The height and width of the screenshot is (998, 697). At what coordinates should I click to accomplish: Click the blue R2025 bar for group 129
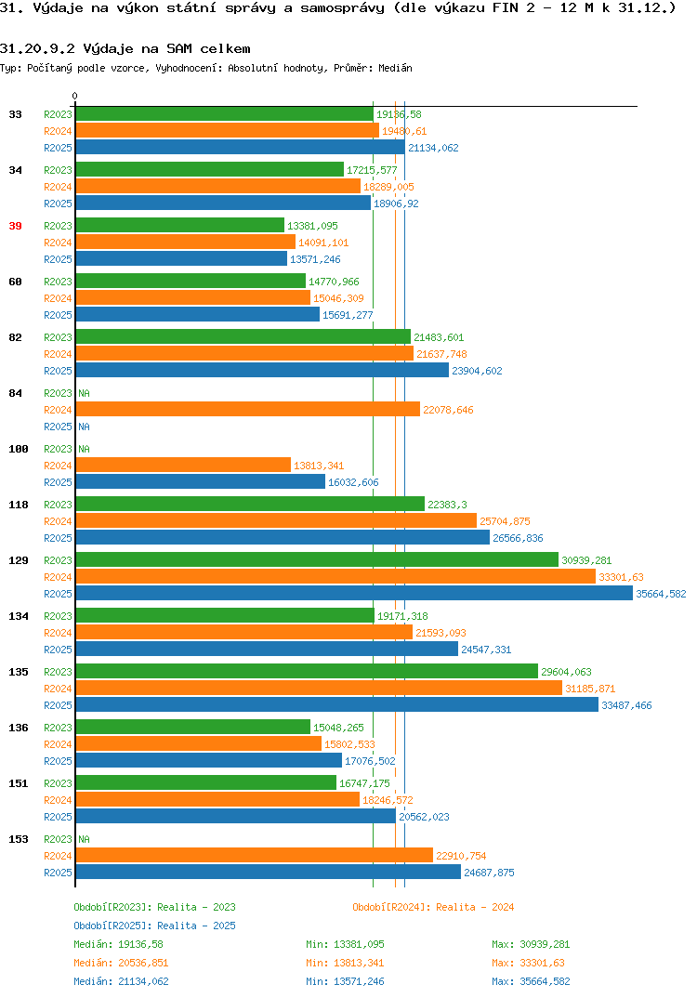(x=354, y=593)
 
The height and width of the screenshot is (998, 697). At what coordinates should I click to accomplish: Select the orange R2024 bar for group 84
(x=247, y=409)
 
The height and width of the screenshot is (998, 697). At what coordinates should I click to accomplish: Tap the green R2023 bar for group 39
(x=180, y=225)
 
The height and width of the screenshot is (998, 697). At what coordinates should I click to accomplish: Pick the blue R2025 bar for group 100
(x=201, y=482)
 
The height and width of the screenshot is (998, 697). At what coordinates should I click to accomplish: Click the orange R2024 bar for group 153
(x=254, y=856)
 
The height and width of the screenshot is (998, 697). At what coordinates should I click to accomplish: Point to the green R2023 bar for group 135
(x=307, y=672)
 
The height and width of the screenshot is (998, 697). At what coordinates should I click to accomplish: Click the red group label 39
(x=15, y=226)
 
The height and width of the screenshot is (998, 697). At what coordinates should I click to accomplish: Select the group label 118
(x=19, y=505)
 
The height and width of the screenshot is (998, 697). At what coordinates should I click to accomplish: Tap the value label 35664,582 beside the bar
(x=662, y=594)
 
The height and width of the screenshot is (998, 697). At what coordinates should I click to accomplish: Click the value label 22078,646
(x=448, y=410)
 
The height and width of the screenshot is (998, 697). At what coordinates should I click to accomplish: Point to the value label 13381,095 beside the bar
(x=312, y=226)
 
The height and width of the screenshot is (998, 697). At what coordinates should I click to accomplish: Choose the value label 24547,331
(x=486, y=650)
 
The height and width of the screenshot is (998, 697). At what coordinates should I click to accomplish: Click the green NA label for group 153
(x=84, y=839)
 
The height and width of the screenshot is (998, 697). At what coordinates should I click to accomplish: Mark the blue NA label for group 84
(x=84, y=427)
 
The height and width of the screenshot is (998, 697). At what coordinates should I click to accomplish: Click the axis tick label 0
(x=74, y=96)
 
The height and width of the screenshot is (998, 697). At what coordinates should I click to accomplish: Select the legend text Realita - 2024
(x=476, y=907)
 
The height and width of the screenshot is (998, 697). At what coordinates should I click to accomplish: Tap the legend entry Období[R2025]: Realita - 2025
(x=154, y=926)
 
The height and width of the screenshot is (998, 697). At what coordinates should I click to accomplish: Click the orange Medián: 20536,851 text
(x=121, y=963)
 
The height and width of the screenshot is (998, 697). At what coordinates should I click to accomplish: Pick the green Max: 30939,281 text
(x=531, y=944)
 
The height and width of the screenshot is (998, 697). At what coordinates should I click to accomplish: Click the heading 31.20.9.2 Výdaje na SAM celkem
(x=125, y=49)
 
